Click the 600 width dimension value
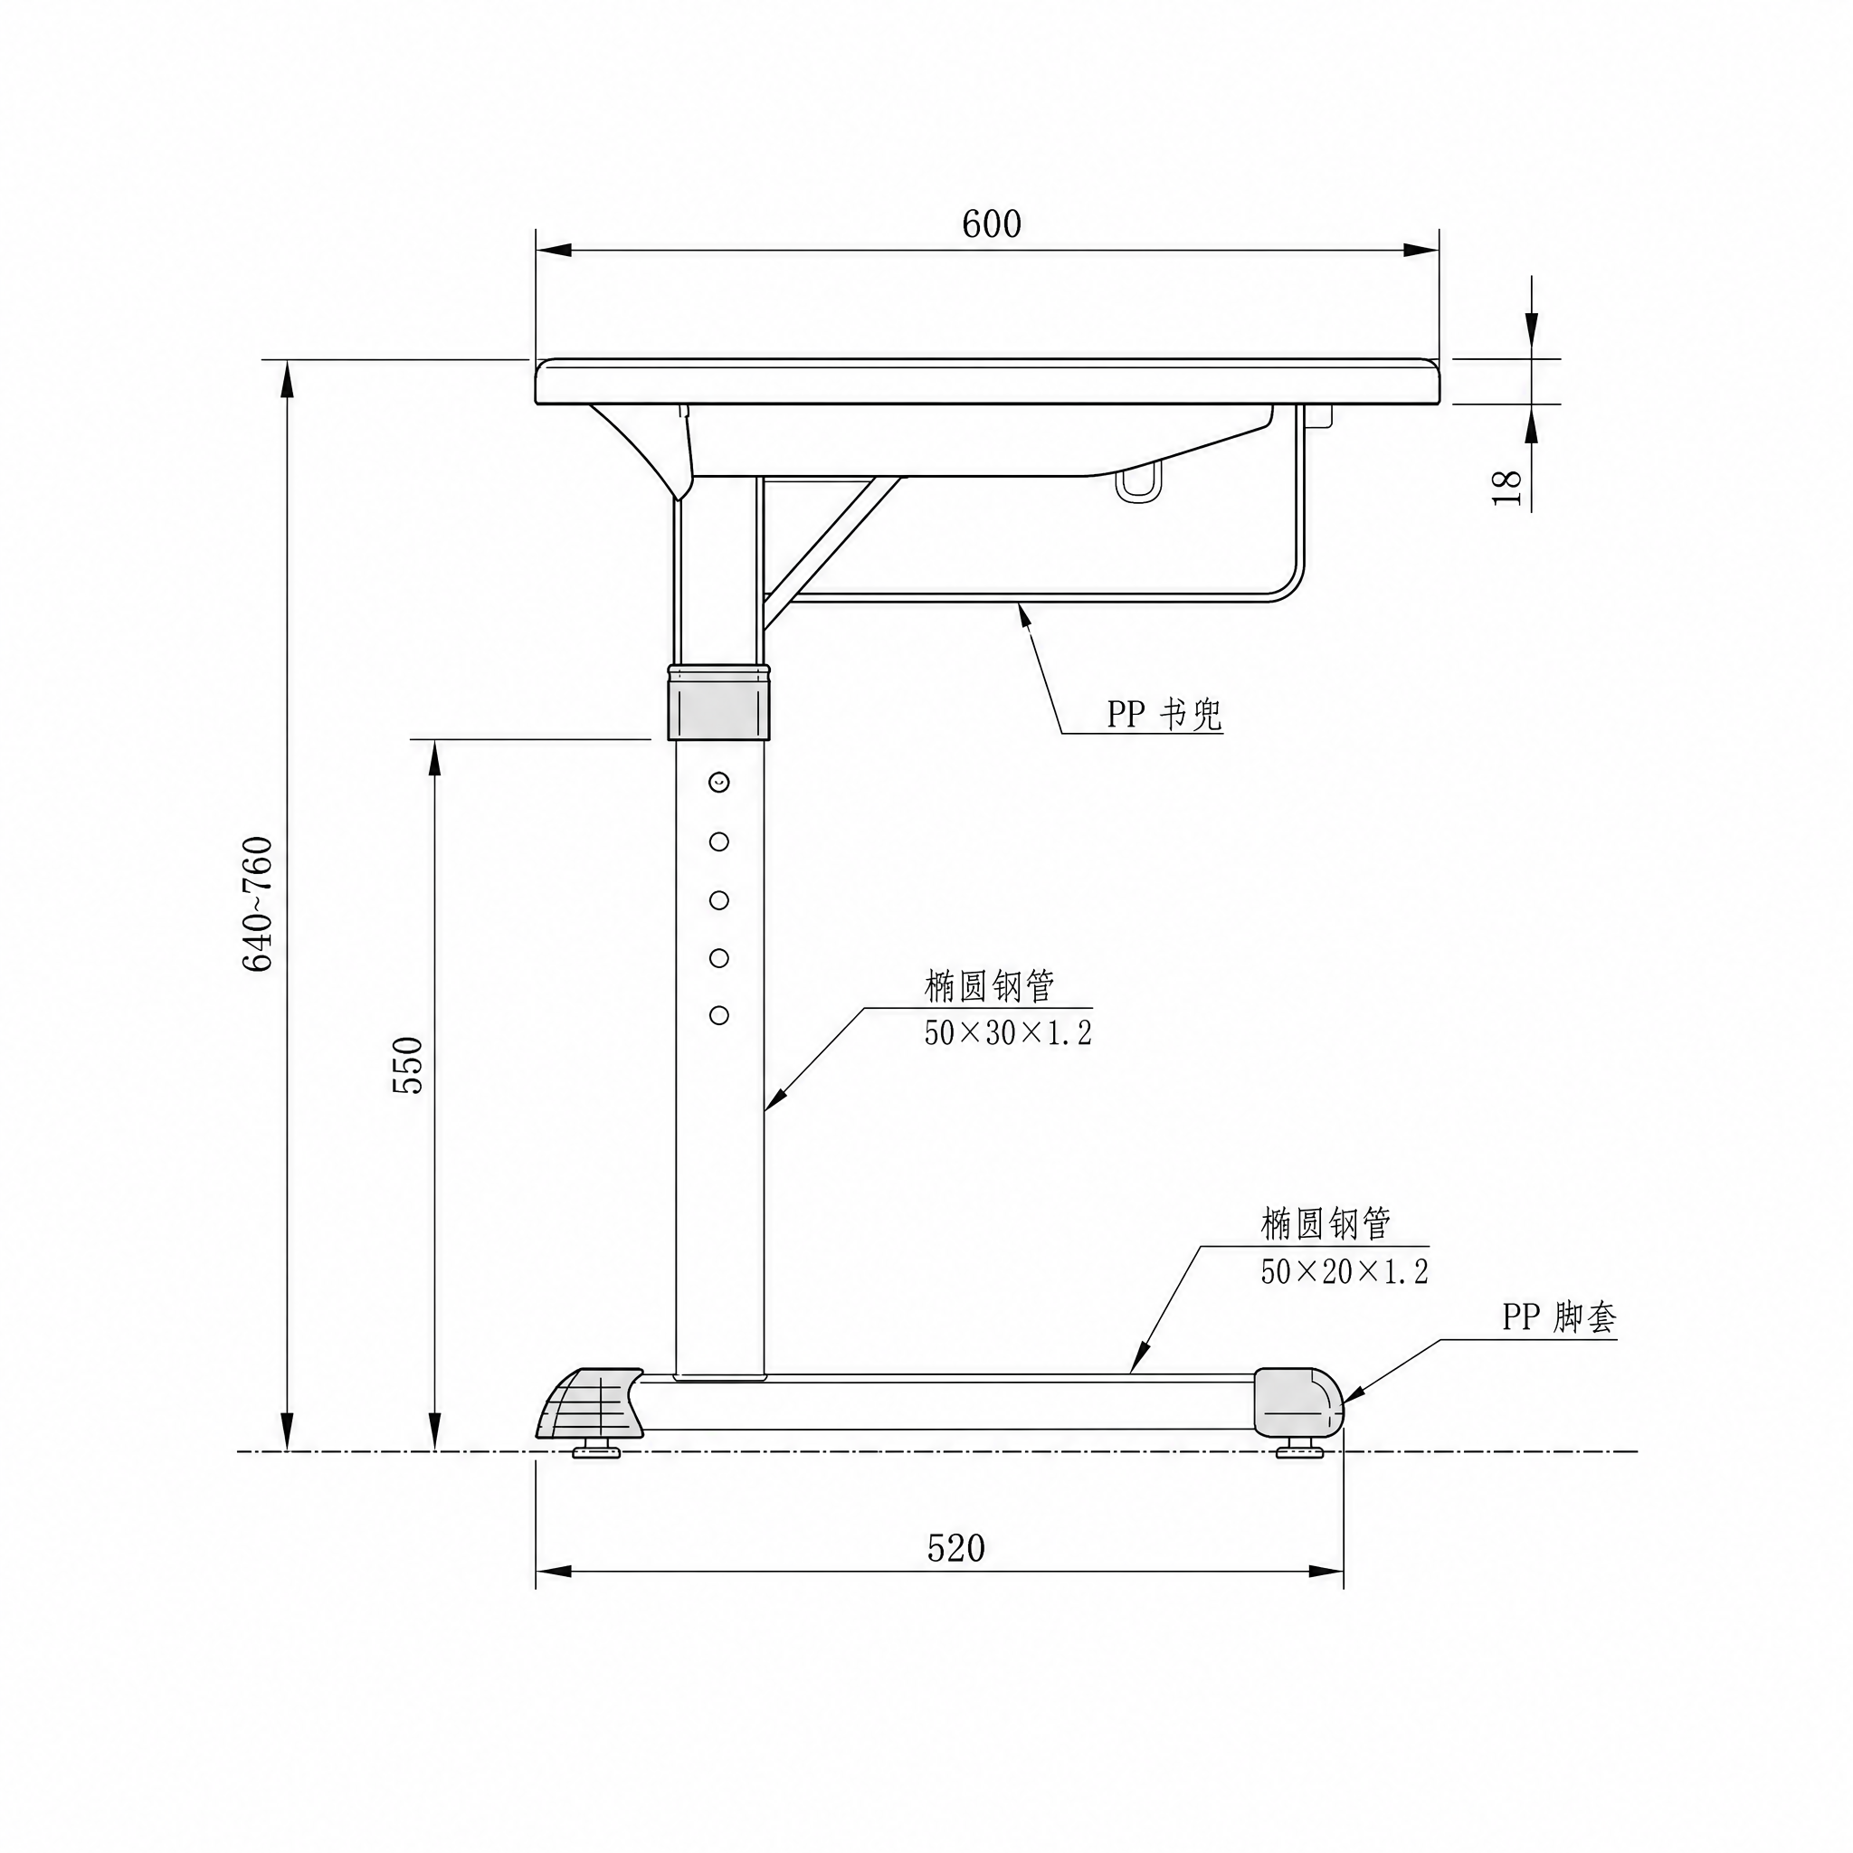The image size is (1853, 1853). pos(992,223)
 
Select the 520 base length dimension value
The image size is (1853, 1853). pos(956,1548)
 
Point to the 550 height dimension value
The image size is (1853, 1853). pos(408,1065)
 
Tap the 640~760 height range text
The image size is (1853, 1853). pos(257,905)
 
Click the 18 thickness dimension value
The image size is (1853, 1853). pos(1506,488)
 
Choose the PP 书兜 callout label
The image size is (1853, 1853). pos(1164,714)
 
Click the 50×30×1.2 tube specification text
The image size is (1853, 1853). pos(1008,1033)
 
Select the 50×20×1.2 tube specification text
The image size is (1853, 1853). pos(1344,1272)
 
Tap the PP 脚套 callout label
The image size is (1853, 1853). pos(1559,1316)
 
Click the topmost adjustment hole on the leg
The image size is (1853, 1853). pos(719,783)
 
